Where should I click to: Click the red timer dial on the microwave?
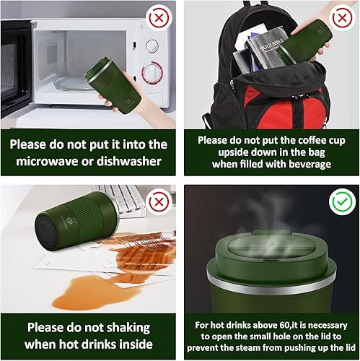(x=152, y=74)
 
